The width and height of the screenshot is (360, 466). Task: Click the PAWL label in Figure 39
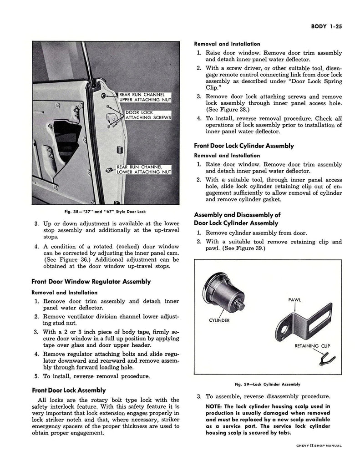(x=295, y=300)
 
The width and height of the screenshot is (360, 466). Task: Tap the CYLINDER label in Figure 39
(x=219, y=320)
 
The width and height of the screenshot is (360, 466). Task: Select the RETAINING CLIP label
(x=312, y=345)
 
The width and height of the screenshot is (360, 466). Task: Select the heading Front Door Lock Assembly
(x=69, y=390)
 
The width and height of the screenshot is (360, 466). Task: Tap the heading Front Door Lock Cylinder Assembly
(x=244, y=146)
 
